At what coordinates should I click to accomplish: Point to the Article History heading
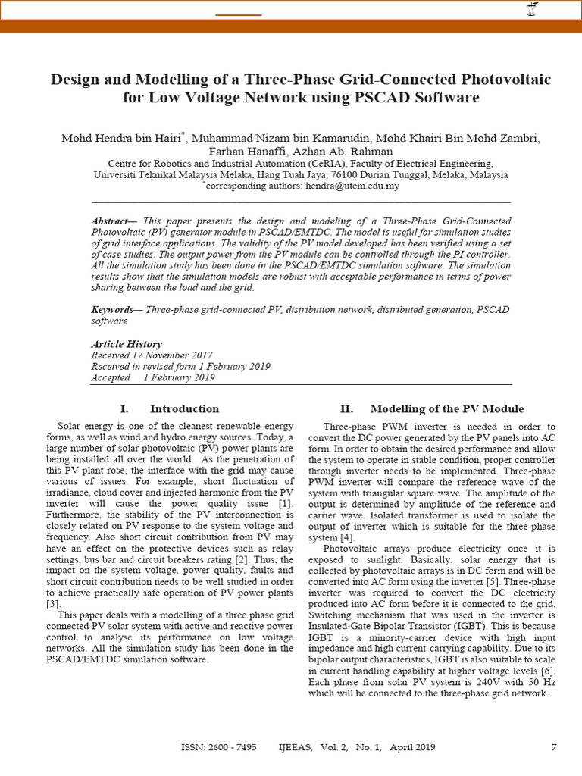126,344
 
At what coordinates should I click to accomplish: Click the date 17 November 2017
171,355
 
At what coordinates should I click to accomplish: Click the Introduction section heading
184,408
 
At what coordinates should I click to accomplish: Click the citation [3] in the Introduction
52,604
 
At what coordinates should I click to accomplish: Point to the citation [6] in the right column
547,671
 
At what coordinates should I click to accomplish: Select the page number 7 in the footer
553,747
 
